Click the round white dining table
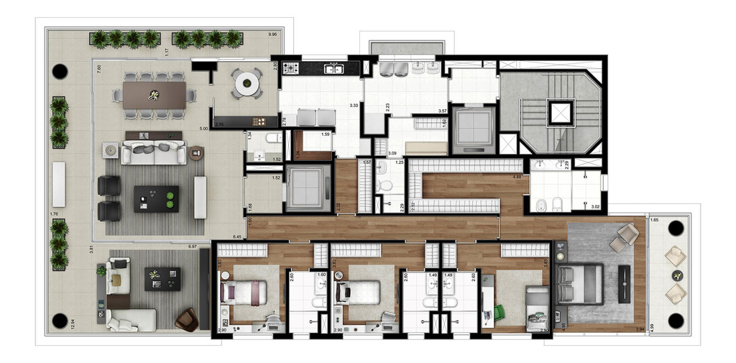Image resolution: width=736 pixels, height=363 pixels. click(247, 83)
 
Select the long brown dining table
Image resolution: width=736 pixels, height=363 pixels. click(154, 95)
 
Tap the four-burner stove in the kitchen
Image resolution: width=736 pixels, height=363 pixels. click(291, 69)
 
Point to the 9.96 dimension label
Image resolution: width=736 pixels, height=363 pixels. click(272, 35)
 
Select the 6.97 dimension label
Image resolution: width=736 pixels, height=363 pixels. click(192, 247)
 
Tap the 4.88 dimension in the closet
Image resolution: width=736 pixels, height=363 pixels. click(517, 176)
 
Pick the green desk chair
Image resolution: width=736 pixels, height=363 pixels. click(498, 313)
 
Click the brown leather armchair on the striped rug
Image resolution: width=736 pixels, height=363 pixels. click(186, 319)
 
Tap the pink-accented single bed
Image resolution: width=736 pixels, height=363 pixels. click(244, 293)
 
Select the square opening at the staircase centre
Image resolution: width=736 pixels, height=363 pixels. click(558, 112)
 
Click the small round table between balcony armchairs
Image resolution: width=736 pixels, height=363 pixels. click(676, 275)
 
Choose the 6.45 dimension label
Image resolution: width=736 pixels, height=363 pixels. click(237, 236)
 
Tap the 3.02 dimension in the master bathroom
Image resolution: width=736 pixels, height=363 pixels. click(594, 207)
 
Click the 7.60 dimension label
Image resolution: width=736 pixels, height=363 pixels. click(98, 68)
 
